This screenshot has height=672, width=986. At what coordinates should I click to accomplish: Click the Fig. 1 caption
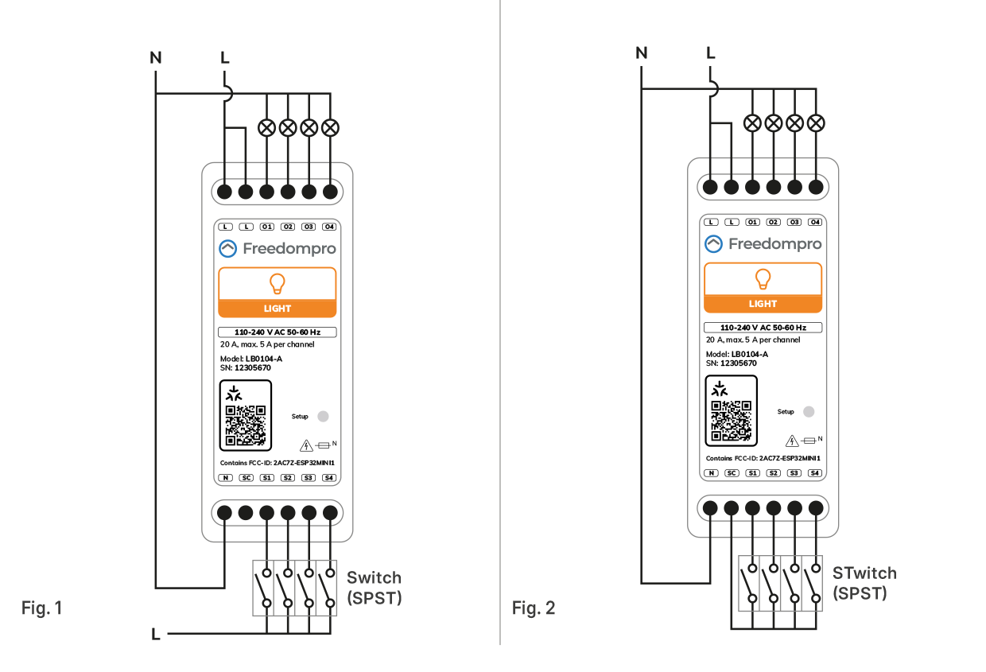[x=42, y=608]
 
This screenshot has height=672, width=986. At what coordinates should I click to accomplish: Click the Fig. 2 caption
[x=533, y=608]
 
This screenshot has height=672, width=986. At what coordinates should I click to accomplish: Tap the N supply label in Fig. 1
[x=156, y=58]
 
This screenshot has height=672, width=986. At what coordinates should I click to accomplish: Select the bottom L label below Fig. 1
[x=155, y=634]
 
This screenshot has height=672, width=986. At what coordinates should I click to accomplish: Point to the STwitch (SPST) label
[x=864, y=583]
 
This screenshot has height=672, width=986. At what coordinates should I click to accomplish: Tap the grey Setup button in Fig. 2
[x=809, y=412]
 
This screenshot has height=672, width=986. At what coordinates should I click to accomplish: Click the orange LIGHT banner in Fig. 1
[x=278, y=309]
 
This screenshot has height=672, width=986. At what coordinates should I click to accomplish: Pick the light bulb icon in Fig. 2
[x=763, y=279]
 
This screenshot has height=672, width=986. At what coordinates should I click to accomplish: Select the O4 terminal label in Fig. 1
[x=329, y=227]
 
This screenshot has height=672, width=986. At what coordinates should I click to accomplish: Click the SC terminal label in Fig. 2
[x=732, y=473]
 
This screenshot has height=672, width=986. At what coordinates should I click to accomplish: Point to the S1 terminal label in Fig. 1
[x=266, y=478]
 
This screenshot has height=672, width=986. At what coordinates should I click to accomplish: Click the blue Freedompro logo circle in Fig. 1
[x=227, y=249]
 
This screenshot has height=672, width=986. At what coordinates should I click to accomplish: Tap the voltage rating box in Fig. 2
[x=763, y=328]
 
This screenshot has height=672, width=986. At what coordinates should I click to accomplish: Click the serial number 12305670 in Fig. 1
[x=253, y=367]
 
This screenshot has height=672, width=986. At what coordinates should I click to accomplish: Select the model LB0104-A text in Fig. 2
[x=750, y=354]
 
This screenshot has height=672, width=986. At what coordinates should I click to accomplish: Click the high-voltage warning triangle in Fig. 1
[x=306, y=445]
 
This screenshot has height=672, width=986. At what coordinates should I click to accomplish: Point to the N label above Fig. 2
[x=642, y=53]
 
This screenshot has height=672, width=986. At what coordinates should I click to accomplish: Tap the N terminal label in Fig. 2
[x=711, y=473]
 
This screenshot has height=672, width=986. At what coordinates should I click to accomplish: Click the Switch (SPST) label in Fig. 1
[x=375, y=588]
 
